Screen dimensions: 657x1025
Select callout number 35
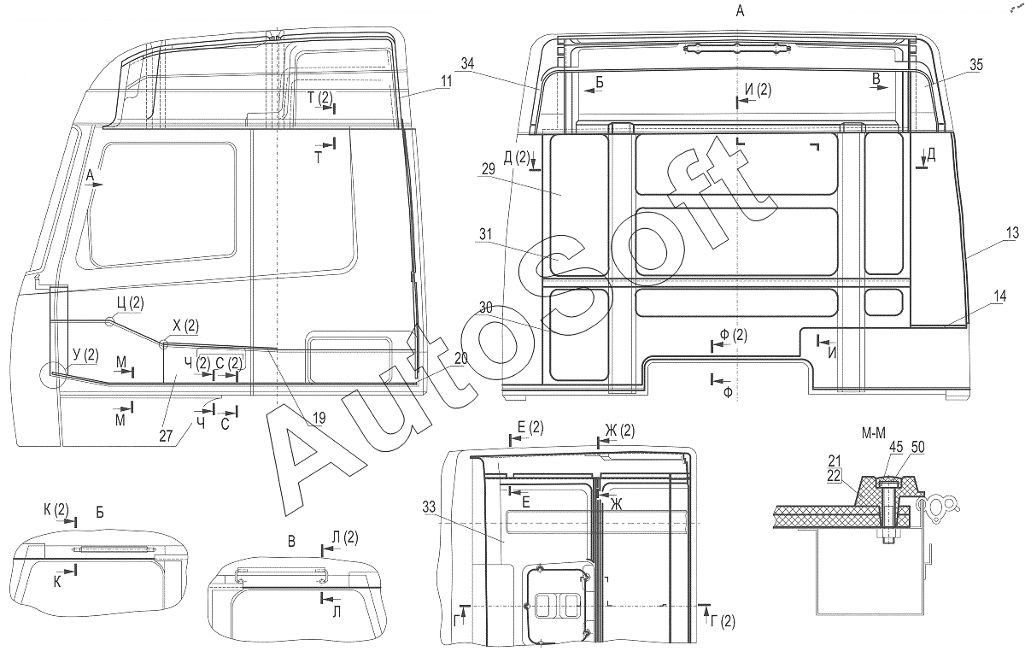click(975, 64)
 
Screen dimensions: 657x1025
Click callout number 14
click(999, 296)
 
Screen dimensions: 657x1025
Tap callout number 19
click(318, 419)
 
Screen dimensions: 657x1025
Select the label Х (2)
click(185, 326)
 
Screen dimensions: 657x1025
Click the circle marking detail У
click(50, 374)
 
